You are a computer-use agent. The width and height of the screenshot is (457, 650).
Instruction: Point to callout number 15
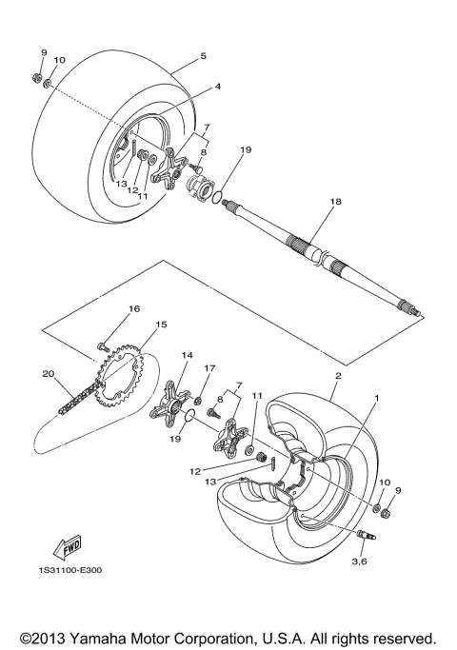click(162, 325)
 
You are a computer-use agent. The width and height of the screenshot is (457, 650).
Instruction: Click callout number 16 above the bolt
click(134, 309)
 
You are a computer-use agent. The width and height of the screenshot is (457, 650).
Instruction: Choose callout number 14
click(188, 355)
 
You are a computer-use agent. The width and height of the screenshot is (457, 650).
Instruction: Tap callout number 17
click(211, 368)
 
